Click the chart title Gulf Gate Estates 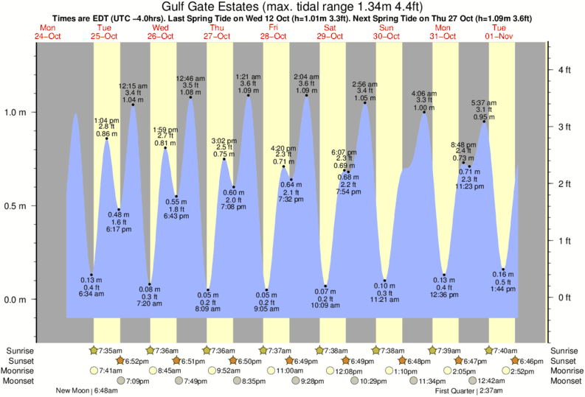[293, 7]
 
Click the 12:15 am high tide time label [133, 85]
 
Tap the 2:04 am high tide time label [306, 77]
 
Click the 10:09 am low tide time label [325, 306]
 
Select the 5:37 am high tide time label [484, 103]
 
